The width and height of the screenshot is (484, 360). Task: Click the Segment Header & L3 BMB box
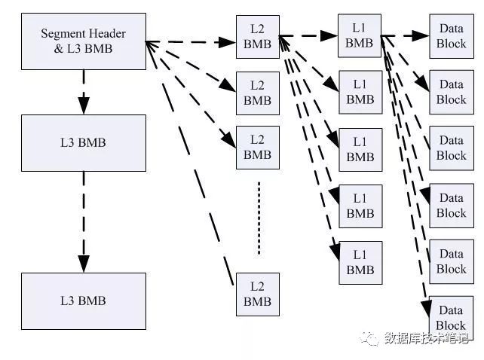coord(83,41)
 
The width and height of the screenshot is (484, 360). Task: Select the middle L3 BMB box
coord(83,142)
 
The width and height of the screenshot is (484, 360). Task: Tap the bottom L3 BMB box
coord(83,301)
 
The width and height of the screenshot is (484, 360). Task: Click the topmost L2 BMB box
coord(257,37)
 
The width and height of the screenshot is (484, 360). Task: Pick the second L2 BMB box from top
coord(257,93)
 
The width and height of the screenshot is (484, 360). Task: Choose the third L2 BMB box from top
coord(257,148)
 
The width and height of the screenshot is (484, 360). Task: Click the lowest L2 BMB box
coord(257,294)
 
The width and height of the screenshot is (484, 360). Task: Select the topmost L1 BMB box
coord(360,35)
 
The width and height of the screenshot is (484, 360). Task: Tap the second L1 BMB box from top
coord(360,92)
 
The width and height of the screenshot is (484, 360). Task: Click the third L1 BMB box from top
coord(360,150)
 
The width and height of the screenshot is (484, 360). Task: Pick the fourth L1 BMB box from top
coord(360,206)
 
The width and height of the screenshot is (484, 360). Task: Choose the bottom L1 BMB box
coord(360,262)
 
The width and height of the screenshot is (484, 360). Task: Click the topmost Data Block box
coord(451,35)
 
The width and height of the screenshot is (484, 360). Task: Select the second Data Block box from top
coord(451,92)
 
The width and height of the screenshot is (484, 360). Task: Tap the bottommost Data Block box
coord(451,317)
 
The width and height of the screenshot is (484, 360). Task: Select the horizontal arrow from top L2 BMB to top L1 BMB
coord(308,35)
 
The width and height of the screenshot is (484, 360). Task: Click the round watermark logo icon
coord(371,338)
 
